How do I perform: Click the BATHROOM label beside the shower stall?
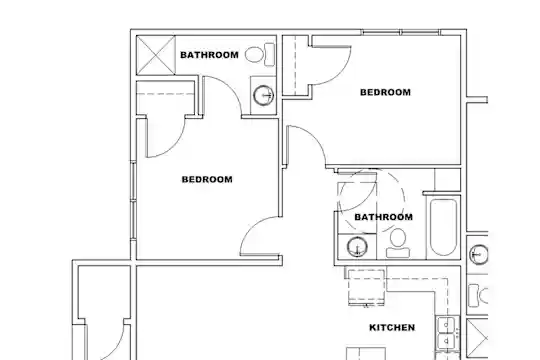pyautogui.click(x=209, y=55)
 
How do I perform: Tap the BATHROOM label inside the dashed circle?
pyautogui.click(x=383, y=217)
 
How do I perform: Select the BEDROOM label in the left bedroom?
pyautogui.click(x=207, y=179)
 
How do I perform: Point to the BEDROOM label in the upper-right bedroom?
pyautogui.click(x=385, y=92)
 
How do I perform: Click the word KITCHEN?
pyautogui.click(x=392, y=327)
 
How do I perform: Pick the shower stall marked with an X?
pyautogui.click(x=156, y=55)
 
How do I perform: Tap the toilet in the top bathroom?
pyautogui.click(x=260, y=54)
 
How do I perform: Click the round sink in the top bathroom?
pyautogui.click(x=264, y=95)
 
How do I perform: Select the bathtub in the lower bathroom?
pyautogui.click(x=443, y=227)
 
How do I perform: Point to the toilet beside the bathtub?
pyautogui.click(x=398, y=243)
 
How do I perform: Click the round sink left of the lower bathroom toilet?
pyautogui.click(x=357, y=247)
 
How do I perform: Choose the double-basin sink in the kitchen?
pyautogui.click(x=447, y=333)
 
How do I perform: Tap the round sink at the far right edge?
pyautogui.click(x=479, y=254)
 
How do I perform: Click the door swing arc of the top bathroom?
pyautogui.click(x=230, y=87)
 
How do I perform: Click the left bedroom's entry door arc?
pyautogui.click(x=251, y=226)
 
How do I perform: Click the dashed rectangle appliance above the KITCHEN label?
pyautogui.click(x=366, y=287)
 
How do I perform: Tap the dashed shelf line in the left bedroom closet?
pyautogui.click(x=166, y=94)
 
